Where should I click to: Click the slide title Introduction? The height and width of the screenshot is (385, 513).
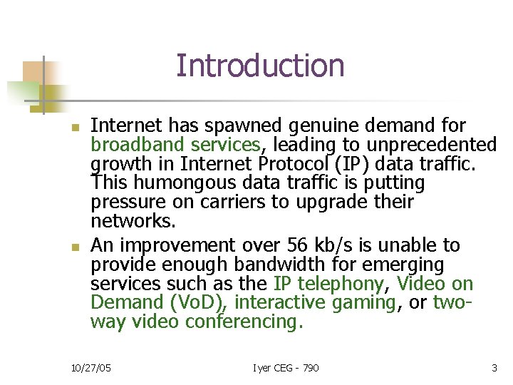pyautogui.click(x=260, y=66)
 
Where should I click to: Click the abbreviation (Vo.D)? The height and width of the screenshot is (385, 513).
pyautogui.click(x=195, y=303)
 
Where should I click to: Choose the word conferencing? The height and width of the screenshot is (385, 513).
pyautogui.click(x=244, y=322)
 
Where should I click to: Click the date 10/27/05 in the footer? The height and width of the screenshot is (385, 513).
pyautogui.click(x=90, y=368)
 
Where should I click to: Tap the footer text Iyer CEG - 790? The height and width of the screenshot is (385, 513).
pyautogui.click(x=286, y=368)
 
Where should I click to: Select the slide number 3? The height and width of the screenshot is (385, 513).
pyautogui.click(x=494, y=368)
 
